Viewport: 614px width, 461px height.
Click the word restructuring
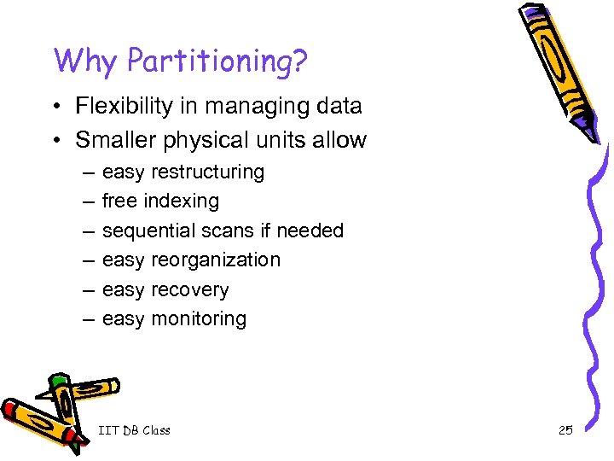coord(207,172)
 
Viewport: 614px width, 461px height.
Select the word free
coord(120,201)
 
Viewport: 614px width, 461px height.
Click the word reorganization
coord(215,260)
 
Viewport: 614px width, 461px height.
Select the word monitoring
coord(198,319)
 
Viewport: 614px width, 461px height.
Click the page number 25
coord(565,430)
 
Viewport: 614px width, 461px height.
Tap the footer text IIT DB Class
coord(134,430)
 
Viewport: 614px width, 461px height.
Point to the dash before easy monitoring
coord(89,319)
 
